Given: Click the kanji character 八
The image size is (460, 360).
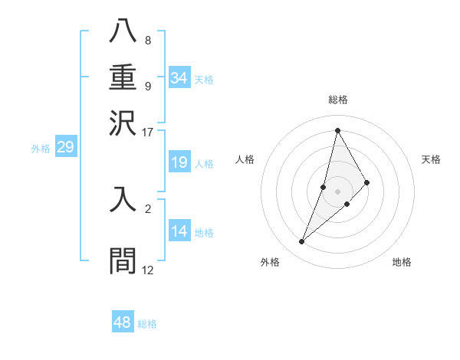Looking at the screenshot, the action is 123,31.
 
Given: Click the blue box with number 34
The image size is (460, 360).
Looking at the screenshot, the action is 179,78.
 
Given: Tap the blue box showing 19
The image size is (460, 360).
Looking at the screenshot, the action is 179,162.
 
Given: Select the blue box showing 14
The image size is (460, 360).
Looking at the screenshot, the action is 179,231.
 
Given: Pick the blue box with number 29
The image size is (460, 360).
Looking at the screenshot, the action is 65,147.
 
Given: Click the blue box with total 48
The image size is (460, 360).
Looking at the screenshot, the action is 123,322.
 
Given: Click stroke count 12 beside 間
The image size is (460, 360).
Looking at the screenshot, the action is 148,270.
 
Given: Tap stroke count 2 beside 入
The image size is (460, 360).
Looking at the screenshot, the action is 148,208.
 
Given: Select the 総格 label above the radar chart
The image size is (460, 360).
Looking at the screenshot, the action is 337,100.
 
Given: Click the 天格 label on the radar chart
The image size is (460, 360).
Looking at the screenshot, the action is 431,159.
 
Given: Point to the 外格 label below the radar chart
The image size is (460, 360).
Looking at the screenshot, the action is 270,262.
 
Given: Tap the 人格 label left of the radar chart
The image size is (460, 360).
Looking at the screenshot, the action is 245,159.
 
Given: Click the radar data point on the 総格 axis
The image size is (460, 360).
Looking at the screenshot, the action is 337,129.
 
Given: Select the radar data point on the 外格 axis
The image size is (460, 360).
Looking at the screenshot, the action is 301,242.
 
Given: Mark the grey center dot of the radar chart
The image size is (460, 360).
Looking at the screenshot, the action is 337,191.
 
